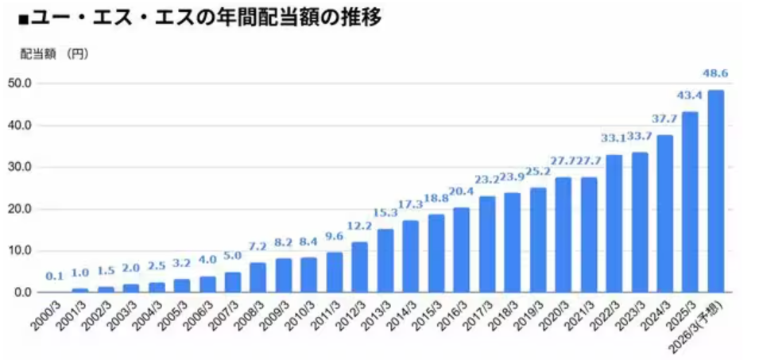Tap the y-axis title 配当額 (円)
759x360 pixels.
pyautogui.click(x=53, y=55)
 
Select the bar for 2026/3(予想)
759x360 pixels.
pyautogui.click(x=715, y=191)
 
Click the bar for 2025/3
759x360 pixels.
pyautogui.click(x=690, y=202)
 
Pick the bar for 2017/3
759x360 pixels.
pyautogui.click(x=486, y=244)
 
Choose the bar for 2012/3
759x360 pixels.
pyautogui.click(x=359, y=267)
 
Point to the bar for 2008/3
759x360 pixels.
pyautogui.click(x=258, y=277)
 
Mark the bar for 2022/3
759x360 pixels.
pyautogui.click(x=614, y=223)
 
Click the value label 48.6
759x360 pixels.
pyautogui.click(x=715, y=74)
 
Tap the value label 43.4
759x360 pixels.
pyautogui.click(x=690, y=95)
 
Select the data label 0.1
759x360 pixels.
pyautogui.click(x=54, y=276)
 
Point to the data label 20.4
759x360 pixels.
pyautogui.click(x=461, y=192)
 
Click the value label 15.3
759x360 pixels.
pyautogui.click(x=385, y=213)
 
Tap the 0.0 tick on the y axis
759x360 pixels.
pyautogui.click(x=21, y=292)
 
